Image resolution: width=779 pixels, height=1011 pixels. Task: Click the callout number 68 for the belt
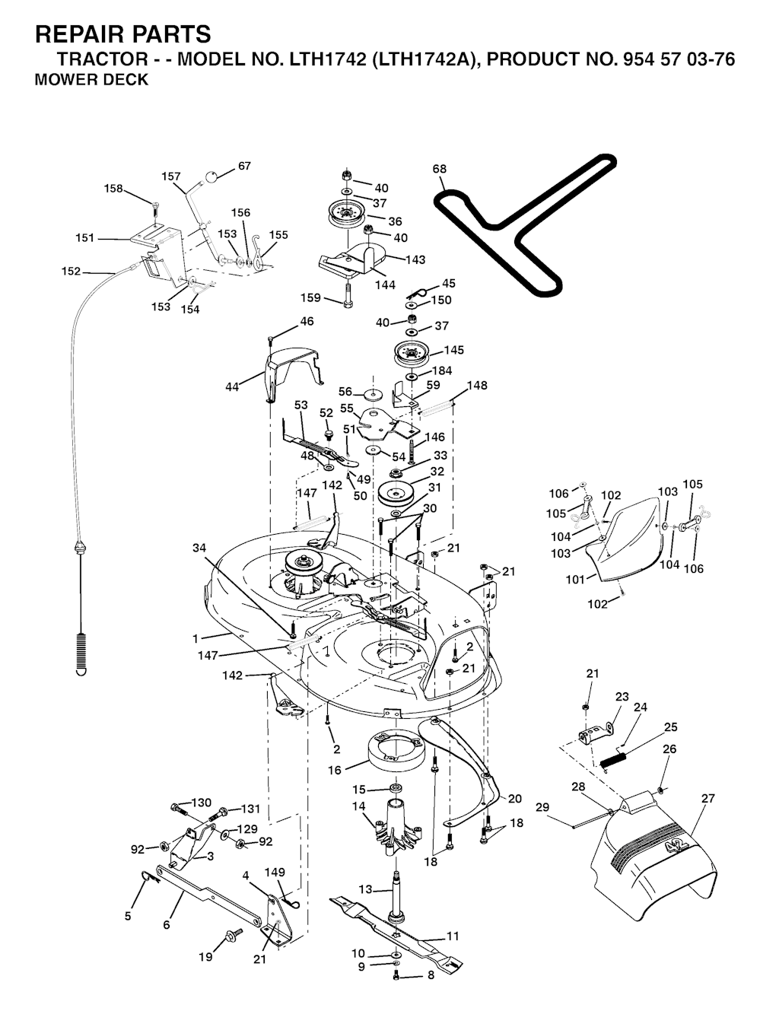440,169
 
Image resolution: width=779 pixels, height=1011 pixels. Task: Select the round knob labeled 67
211,177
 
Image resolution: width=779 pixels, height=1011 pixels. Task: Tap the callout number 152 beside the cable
71,271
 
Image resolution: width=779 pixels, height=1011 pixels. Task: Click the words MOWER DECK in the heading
92,80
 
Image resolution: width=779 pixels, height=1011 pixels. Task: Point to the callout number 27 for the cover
708,798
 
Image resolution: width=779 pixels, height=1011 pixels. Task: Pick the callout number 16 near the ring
335,770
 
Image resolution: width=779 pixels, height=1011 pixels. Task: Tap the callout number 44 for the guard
232,387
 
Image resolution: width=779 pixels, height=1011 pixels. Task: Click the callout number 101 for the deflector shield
575,579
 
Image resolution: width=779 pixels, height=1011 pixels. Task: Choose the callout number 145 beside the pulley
454,351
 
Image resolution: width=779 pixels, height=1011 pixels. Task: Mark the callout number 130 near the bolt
201,803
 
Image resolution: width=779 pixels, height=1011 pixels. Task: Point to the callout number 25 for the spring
670,727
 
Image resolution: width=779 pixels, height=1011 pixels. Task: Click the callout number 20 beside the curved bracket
515,799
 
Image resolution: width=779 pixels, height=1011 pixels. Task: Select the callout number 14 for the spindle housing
358,806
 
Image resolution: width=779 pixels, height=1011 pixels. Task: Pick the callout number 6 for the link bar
166,925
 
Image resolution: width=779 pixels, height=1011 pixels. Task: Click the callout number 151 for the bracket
85,238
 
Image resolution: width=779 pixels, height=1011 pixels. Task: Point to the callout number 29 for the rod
542,807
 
